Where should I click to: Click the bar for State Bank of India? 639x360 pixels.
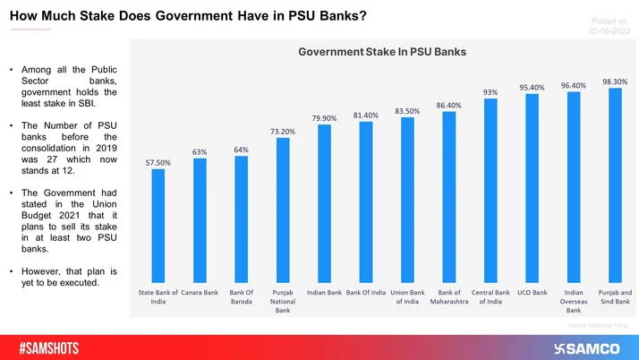coord(158,225)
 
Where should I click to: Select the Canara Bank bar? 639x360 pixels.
coord(200,219)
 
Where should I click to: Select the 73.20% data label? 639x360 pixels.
coord(283,131)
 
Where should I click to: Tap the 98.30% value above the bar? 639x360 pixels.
coord(615,81)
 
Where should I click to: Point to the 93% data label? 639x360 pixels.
coord(490,92)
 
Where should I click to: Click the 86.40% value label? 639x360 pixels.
coord(449,106)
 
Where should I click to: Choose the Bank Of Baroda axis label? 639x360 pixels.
coord(241,296)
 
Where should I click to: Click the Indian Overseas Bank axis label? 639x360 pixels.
coord(574,301)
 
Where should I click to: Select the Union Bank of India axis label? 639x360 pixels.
coord(407,296)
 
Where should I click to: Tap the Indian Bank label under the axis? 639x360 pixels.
coord(324,292)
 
